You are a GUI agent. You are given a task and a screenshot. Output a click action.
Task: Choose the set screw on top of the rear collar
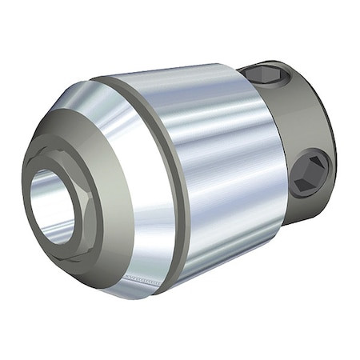tap(264, 76)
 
